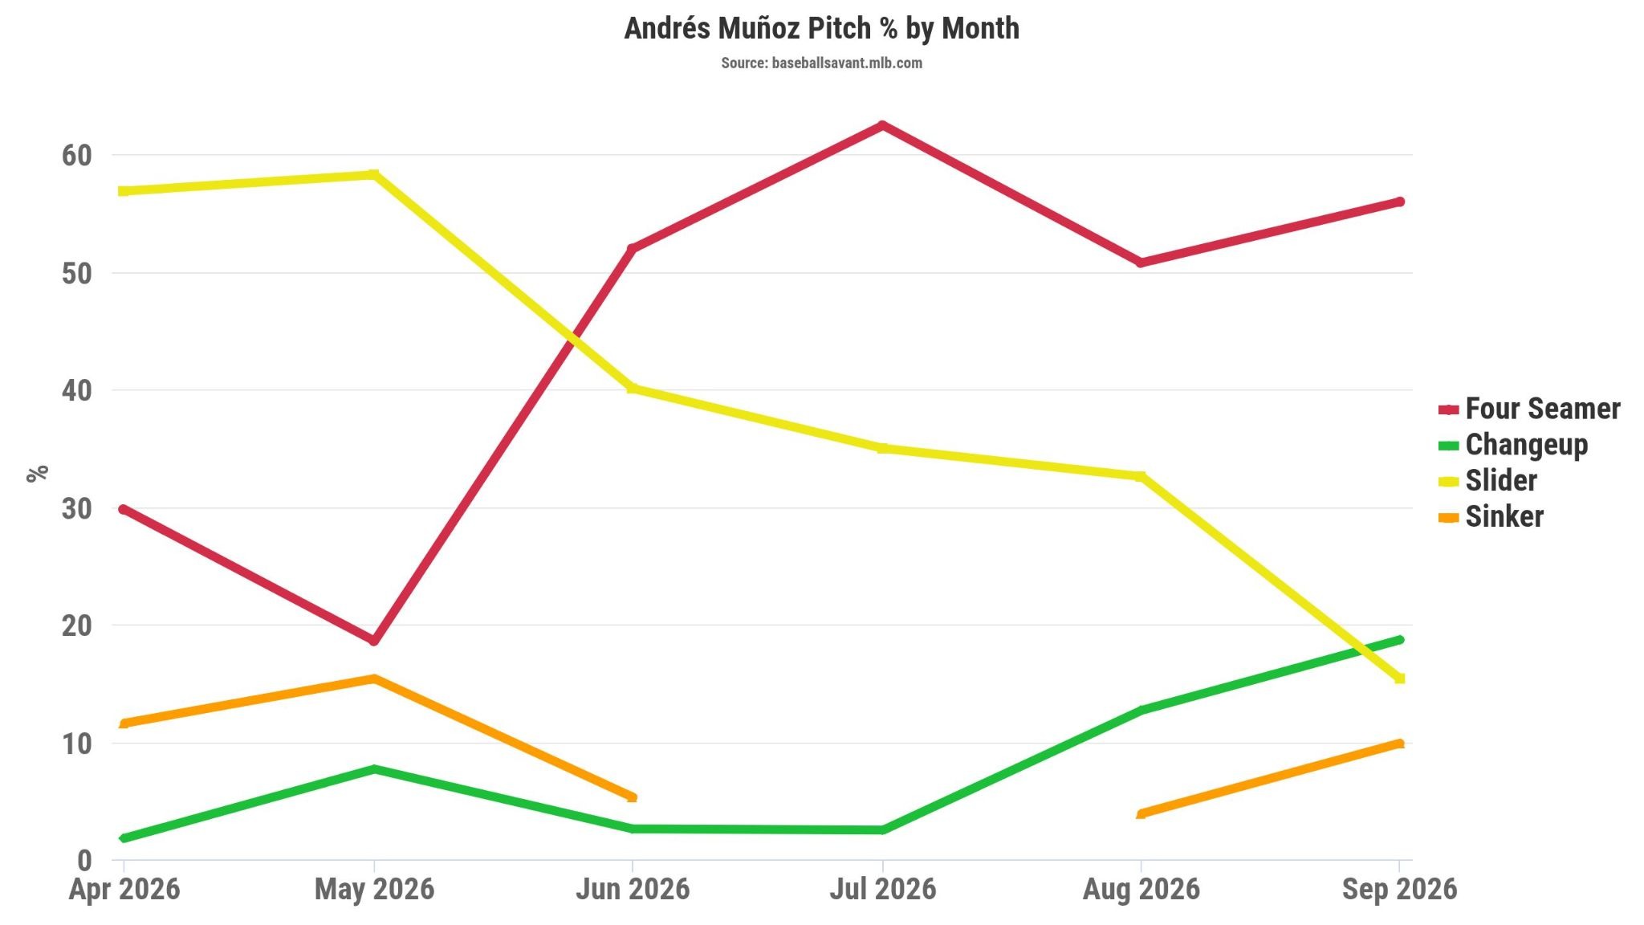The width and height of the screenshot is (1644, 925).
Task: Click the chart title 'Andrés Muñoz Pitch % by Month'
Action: (x=821, y=28)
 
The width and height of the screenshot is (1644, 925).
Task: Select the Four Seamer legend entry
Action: (x=1529, y=409)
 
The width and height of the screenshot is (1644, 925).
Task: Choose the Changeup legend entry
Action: (x=1513, y=445)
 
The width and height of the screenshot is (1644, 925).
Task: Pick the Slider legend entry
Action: (x=1487, y=481)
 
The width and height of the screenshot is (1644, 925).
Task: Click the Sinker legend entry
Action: (x=1491, y=516)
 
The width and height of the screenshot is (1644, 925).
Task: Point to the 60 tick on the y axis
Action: (x=77, y=155)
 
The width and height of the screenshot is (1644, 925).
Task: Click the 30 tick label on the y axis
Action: (x=77, y=508)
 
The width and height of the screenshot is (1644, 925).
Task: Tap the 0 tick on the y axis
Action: (x=85, y=861)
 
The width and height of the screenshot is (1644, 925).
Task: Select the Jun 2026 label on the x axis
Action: (x=633, y=889)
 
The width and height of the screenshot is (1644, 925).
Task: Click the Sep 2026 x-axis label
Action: (x=1399, y=889)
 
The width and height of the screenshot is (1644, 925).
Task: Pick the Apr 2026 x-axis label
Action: (x=124, y=889)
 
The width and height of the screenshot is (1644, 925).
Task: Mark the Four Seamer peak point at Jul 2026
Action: (x=882, y=125)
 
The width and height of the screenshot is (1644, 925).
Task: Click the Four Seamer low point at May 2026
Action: (x=374, y=641)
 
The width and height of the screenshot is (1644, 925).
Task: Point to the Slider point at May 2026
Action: (x=374, y=174)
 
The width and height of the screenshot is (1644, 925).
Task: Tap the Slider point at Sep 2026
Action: (x=1399, y=678)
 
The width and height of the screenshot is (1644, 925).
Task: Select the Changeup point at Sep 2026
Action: (x=1399, y=640)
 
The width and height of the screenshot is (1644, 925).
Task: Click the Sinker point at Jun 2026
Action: (x=633, y=797)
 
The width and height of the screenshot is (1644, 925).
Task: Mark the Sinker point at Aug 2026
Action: (x=1141, y=814)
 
